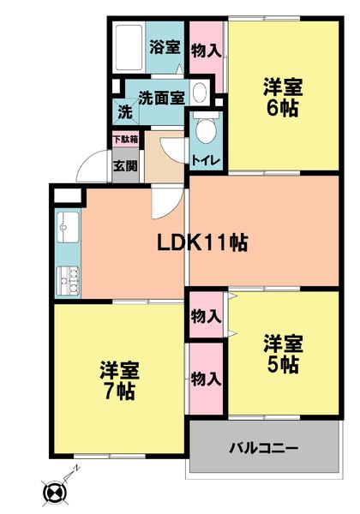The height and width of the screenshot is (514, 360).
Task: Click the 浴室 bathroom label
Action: click(x=165, y=47)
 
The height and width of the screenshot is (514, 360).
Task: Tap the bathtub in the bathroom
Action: click(x=129, y=47)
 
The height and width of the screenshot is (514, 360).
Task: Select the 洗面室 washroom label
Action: click(x=161, y=98)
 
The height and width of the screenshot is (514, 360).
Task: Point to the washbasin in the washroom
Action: click(x=200, y=93)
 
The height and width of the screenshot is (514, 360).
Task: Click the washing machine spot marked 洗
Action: click(x=126, y=111)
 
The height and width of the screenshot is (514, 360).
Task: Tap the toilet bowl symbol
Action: click(x=206, y=128)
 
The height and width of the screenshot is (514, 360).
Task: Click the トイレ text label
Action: click(x=205, y=161)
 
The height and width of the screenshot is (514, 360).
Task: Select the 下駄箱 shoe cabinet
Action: click(x=125, y=140)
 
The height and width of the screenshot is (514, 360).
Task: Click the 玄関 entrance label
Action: click(x=125, y=166)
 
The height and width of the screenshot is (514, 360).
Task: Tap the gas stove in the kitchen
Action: click(x=69, y=281)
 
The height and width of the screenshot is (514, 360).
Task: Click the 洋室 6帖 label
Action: click(x=283, y=98)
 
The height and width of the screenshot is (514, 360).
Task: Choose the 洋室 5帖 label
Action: click(x=283, y=355)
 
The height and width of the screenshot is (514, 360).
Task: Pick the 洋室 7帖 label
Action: click(x=120, y=380)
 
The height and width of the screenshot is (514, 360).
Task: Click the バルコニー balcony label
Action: click(x=264, y=447)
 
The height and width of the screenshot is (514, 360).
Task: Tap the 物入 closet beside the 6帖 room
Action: click(x=207, y=51)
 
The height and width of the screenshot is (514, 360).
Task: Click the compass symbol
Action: click(x=56, y=491)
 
